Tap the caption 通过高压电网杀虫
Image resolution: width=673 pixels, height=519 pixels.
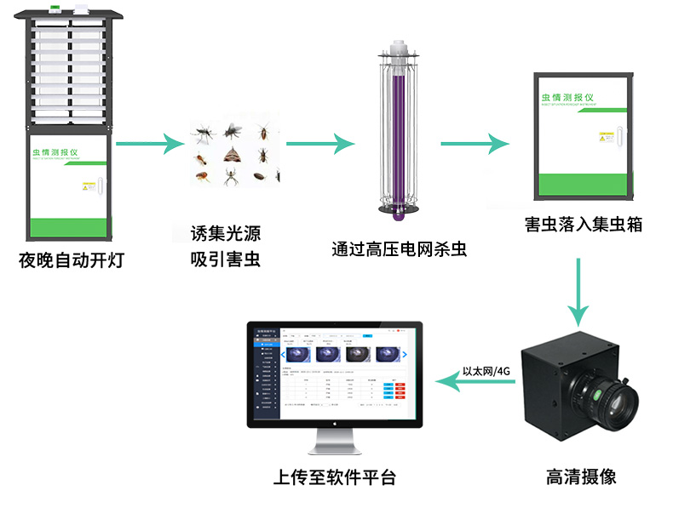pos(399,249)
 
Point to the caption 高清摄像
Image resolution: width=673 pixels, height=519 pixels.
pos(580,476)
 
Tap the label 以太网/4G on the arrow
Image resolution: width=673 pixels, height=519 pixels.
pos(486,371)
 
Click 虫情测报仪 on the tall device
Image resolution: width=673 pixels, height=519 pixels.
pos(66,152)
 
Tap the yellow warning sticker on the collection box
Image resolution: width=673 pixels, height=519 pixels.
pos(607,134)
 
